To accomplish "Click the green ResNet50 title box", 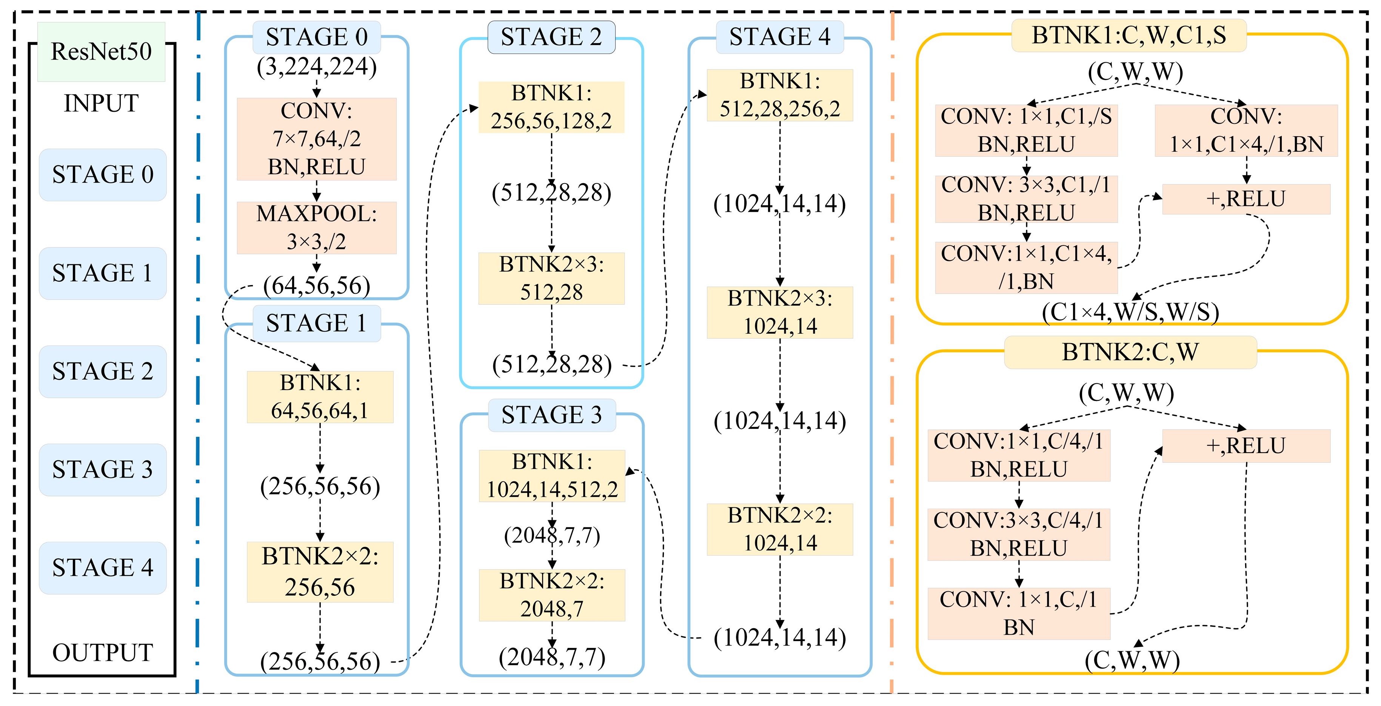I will pyautogui.click(x=101, y=51).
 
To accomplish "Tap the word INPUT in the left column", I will pyautogui.click(x=101, y=103).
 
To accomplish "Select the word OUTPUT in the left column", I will pyautogui.click(x=102, y=652).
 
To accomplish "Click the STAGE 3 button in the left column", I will pyautogui.click(x=102, y=470).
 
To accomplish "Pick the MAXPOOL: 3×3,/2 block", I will pyautogui.click(x=316, y=227).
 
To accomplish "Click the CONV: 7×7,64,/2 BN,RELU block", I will pyautogui.click(x=316, y=139).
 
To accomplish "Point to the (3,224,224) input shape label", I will pyautogui.click(x=316, y=67).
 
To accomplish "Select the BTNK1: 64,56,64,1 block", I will pyautogui.click(x=320, y=397).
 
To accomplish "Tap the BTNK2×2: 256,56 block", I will pyautogui.click(x=320, y=572).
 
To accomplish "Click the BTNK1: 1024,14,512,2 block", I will pyautogui.click(x=552, y=475).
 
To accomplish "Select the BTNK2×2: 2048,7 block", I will pyautogui.click(x=552, y=595).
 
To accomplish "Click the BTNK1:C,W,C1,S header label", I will pyautogui.click(x=1129, y=35).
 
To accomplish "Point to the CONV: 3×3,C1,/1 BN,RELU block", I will pyautogui.click(x=1026, y=199).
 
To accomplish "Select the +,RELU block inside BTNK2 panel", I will pyautogui.click(x=1246, y=445).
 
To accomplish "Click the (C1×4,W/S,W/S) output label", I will pyautogui.click(x=1130, y=312).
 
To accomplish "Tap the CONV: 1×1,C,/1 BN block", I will pyautogui.click(x=1019, y=613).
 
